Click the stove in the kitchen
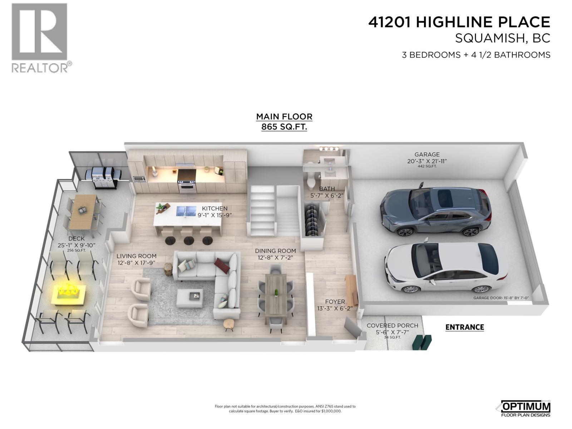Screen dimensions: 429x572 187,181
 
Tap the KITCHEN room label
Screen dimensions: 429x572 214,208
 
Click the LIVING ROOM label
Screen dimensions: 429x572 136,256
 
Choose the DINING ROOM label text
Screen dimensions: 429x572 275,251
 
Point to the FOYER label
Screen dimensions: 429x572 335,302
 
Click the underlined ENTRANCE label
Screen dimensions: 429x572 464,327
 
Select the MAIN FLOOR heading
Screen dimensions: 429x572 284,117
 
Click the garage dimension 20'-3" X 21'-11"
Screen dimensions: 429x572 427,161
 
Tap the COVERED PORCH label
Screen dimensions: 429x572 392,326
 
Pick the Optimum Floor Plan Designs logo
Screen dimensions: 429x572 525,409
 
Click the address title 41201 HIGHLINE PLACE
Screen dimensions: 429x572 459,22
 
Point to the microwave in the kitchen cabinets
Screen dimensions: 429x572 139,179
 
